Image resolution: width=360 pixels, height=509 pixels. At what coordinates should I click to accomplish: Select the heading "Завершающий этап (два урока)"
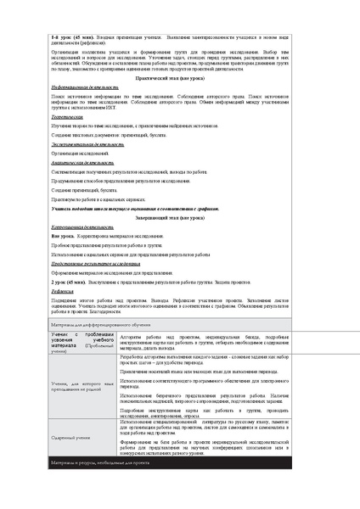[x=179, y=218]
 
